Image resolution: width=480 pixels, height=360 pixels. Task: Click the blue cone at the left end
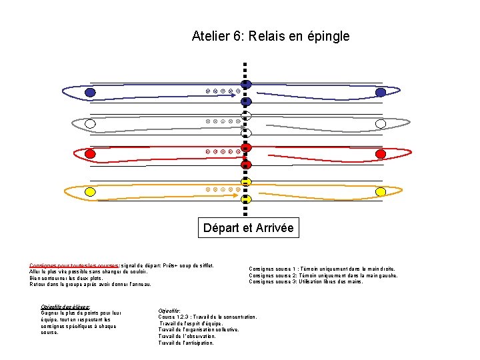pyautogui.click(x=90, y=92)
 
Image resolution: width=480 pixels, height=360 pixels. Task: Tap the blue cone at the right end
pyautogui.click(x=380, y=92)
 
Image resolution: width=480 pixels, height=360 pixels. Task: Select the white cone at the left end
pyautogui.click(x=90, y=123)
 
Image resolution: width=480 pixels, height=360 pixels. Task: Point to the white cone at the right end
pyautogui.click(x=381, y=123)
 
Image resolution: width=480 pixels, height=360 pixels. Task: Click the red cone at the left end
pyautogui.click(x=90, y=154)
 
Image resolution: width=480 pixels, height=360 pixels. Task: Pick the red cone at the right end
pyautogui.click(x=381, y=154)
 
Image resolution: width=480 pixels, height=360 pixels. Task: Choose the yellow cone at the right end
pyautogui.click(x=381, y=192)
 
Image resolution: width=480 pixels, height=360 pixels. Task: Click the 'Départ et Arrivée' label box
pyautogui.click(x=248, y=228)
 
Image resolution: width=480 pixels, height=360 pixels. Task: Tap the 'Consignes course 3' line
pyautogui.click(x=306, y=281)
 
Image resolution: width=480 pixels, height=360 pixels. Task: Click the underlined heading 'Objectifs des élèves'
pyautogui.click(x=65, y=307)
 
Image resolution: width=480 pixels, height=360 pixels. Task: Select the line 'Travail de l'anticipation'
pyautogui.click(x=186, y=343)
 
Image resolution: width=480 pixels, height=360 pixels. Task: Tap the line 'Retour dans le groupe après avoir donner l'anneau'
pyautogui.click(x=91, y=285)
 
